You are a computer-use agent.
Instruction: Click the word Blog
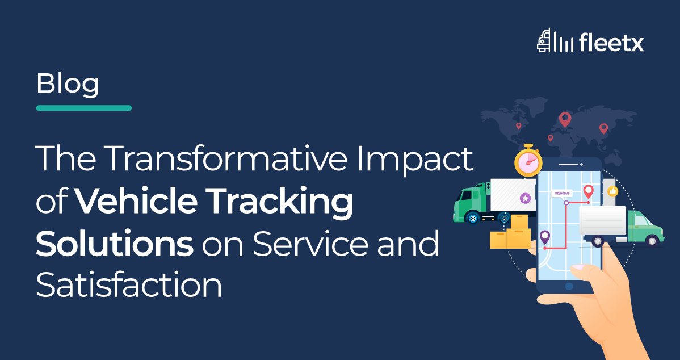pyautogui.click(x=68, y=83)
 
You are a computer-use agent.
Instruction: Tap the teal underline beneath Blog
pyautogui.click(x=83, y=108)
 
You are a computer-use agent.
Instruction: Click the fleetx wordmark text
pyautogui.click(x=611, y=43)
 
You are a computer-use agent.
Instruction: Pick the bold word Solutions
pyautogui.click(x=115, y=244)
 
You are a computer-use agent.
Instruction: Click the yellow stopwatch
pyautogui.click(x=528, y=161)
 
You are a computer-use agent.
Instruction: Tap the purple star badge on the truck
pyautogui.click(x=525, y=198)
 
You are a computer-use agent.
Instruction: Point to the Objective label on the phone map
pyautogui.click(x=562, y=194)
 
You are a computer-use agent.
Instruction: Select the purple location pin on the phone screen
pyautogui.click(x=545, y=237)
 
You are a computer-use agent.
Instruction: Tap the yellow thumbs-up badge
pyautogui.click(x=612, y=191)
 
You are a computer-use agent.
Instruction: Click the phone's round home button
pyautogui.click(x=569, y=286)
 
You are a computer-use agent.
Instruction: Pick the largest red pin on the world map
pyautogui.click(x=565, y=119)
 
